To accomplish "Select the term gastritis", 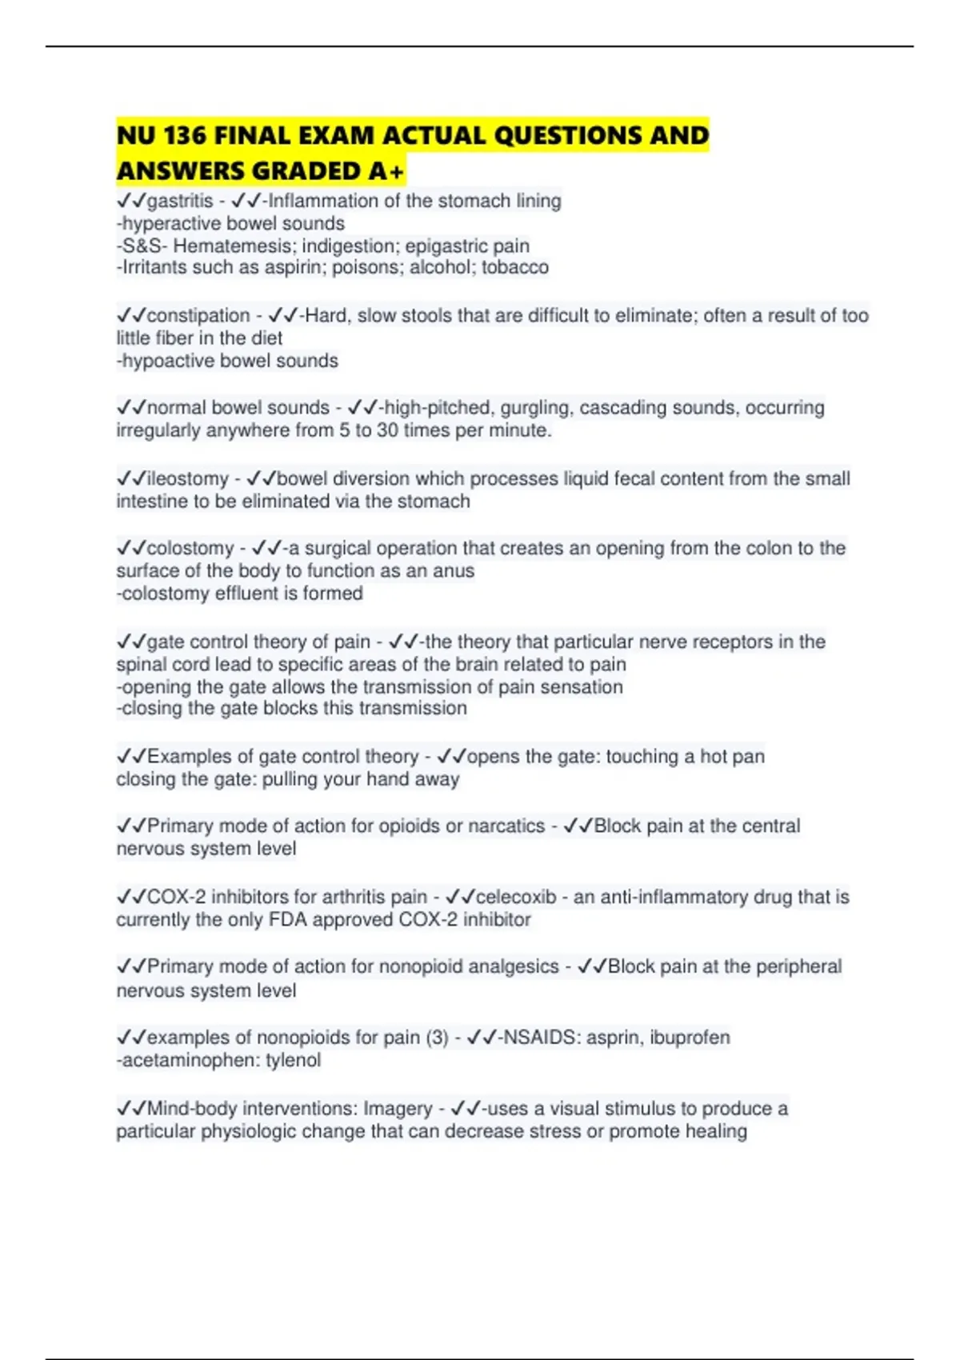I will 180,201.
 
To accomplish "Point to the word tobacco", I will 515,267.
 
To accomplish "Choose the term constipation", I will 198,315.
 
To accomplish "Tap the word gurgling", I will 536,408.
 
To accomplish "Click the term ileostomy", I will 188,478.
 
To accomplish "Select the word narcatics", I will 506,826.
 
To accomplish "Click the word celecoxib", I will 516,897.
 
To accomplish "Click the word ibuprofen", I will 690,1038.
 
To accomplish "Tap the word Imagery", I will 398,1109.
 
